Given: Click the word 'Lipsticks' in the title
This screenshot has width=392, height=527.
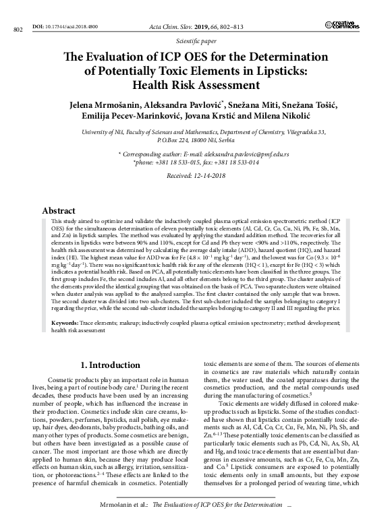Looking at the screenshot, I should (275, 71).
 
